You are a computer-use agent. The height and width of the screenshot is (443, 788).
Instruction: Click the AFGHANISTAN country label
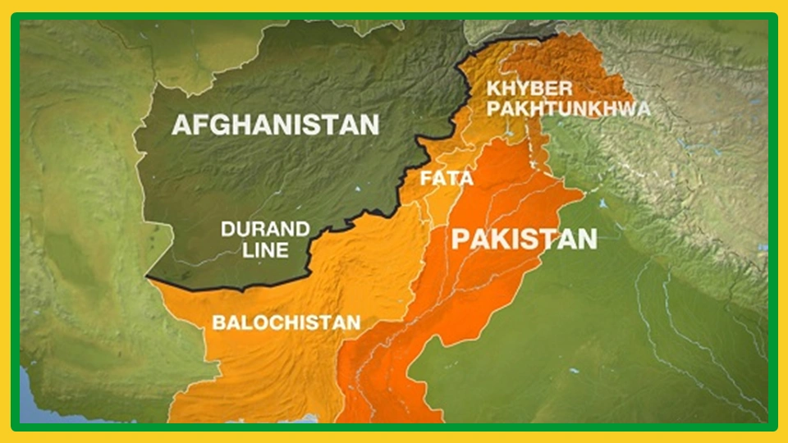click(275, 125)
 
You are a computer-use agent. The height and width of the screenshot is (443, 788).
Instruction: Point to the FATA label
click(438, 178)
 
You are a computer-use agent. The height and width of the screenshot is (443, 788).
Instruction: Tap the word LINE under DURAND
click(265, 249)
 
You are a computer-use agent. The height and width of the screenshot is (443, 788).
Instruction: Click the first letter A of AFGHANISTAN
click(181, 125)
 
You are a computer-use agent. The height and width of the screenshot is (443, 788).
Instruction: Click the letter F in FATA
click(424, 178)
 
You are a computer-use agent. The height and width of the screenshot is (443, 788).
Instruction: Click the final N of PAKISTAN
click(586, 239)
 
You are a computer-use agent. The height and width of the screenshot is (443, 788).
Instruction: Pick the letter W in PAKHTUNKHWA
click(624, 108)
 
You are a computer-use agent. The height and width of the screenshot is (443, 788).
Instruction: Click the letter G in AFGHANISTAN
click(218, 125)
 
